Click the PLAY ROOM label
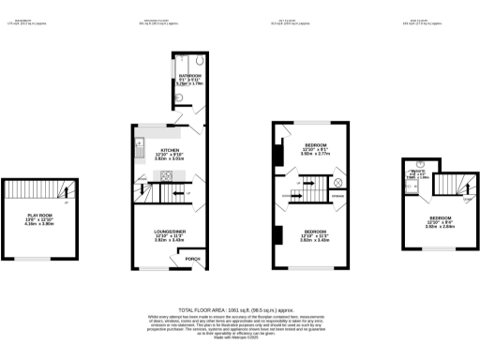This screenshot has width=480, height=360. coord(38,216)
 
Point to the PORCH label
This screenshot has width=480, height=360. coord(193,259)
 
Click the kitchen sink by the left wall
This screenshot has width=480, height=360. coord(139,145)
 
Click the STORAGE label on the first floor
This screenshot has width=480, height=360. coord(337,196)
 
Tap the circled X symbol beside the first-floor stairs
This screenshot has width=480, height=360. coord(337,181)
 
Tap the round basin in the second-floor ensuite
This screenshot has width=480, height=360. coord(409,187)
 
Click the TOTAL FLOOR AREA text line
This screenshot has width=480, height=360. coord(238,309)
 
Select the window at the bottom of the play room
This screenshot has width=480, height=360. coord(38,256)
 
